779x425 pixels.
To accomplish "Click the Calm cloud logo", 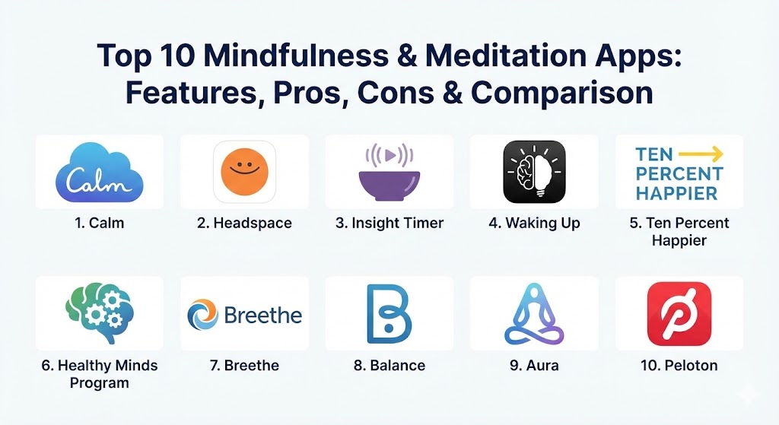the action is (100, 173).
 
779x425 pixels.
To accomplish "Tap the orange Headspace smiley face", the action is (244, 172).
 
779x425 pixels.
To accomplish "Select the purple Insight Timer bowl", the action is (389, 186).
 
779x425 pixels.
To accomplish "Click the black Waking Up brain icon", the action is (534, 172).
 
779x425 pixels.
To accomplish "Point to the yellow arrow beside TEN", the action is (701, 154).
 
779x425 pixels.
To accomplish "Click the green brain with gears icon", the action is (100, 312).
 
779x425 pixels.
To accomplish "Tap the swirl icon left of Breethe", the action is (202, 315).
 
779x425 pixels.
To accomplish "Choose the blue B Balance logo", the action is (389, 314).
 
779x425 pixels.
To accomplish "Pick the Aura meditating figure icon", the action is (534, 314).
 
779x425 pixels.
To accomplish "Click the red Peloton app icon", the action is (679, 314).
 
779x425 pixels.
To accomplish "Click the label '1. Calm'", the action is (100, 223).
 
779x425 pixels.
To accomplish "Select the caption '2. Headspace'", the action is (244, 223).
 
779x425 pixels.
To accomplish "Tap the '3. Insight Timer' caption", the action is (389, 223).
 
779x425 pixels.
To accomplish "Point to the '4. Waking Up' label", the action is (535, 223).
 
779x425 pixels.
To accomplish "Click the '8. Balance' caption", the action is (389, 366).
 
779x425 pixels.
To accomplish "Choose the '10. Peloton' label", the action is (679, 366).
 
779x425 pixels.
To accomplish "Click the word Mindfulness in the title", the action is (296, 55).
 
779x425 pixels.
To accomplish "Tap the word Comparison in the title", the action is (562, 92).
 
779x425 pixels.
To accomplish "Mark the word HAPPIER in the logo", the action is (676, 193).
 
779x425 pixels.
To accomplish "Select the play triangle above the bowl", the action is (390, 155).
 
